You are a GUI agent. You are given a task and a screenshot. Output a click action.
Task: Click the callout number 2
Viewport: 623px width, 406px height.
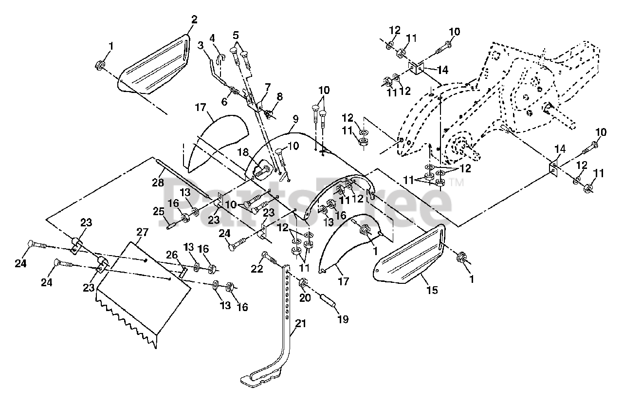pyautogui.click(x=194, y=19)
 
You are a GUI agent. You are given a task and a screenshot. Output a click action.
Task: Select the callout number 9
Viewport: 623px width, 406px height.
pyautogui.click(x=295, y=119)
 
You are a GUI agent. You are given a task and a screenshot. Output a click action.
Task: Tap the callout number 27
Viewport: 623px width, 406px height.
pyautogui.click(x=142, y=232)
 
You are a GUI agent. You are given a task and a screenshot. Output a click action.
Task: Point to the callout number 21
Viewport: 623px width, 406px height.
pyautogui.click(x=301, y=323)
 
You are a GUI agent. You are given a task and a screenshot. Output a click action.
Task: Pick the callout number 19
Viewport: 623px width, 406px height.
pyautogui.click(x=343, y=319)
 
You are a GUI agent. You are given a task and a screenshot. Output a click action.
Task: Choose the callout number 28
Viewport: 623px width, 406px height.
pyautogui.click(x=158, y=183)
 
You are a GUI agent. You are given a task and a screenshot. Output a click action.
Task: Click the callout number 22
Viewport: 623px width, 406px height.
pyautogui.click(x=257, y=268)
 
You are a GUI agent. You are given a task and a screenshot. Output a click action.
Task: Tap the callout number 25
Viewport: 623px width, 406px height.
pyautogui.click(x=159, y=212)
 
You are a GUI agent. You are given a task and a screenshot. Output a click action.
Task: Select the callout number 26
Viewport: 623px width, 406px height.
pyautogui.click(x=172, y=255)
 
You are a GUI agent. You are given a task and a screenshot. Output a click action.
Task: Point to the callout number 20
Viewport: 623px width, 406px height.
pyautogui.click(x=305, y=298)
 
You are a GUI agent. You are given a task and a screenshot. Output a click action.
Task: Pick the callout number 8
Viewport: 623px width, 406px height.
pyautogui.click(x=279, y=96)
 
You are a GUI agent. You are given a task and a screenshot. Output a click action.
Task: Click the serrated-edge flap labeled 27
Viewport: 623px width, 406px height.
pyautogui.click(x=143, y=295)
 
